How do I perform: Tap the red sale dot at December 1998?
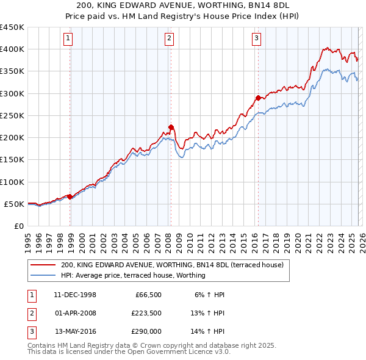pyautogui.click(x=70, y=196)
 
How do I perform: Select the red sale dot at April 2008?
pyautogui.click(x=171, y=127)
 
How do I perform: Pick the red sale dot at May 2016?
pyautogui.click(x=258, y=98)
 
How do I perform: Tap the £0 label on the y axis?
pyautogui.click(x=18, y=226)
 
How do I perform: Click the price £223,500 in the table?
pyautogui.click(x=146, y=313)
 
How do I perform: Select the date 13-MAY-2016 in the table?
pyautogui.click(x=75, y=332)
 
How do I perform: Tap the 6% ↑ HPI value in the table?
pyautogui.click(x=209, y=295)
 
